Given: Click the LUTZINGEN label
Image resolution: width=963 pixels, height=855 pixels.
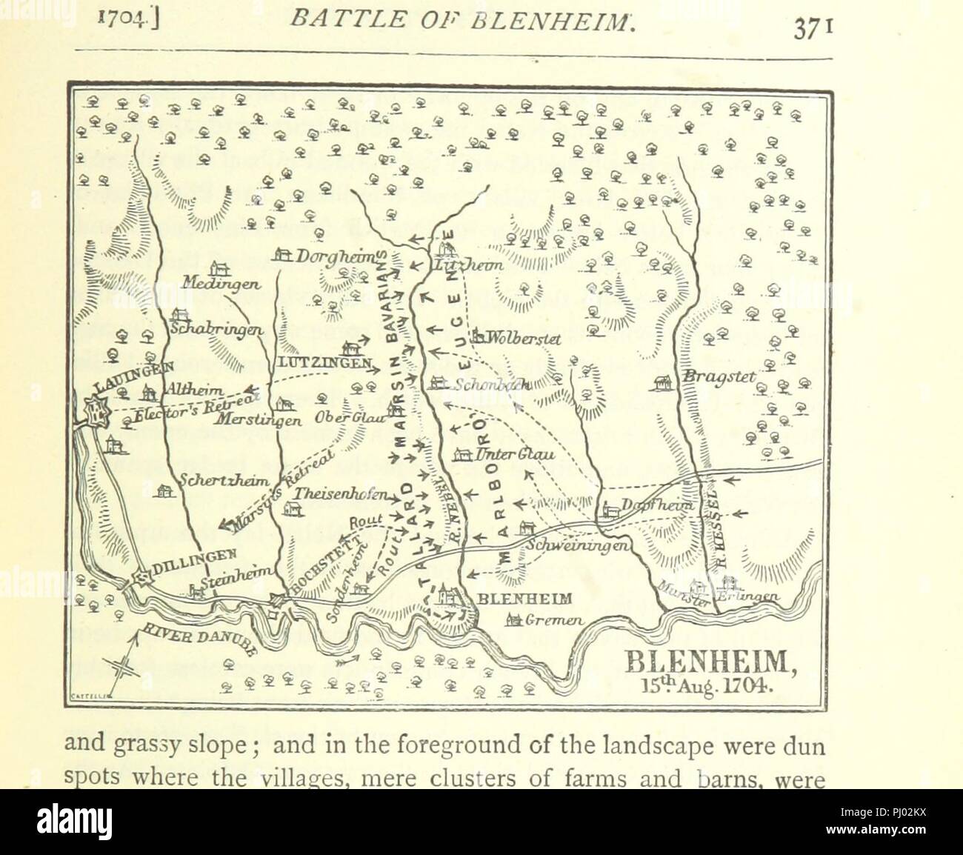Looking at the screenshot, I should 324,363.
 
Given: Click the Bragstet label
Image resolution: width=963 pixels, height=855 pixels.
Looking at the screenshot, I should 719,378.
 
